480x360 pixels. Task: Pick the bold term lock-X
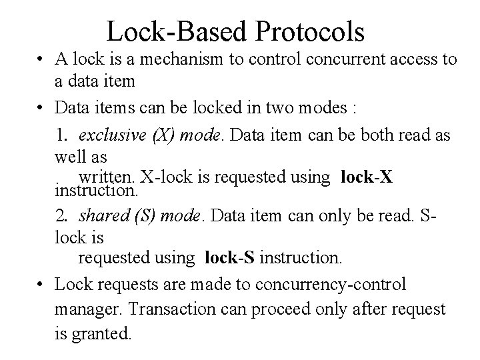click(366, 177)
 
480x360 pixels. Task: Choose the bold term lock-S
click(231, 256)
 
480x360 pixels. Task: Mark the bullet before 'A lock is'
click(41, 60)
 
